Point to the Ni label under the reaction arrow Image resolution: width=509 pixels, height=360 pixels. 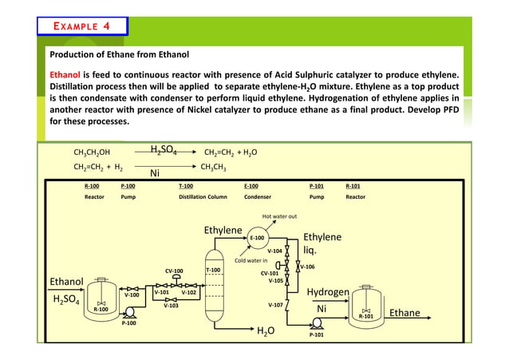pos(157,172)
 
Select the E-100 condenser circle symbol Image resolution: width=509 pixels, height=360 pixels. pos(258,238)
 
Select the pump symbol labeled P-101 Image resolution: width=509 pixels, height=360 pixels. pos(316,323)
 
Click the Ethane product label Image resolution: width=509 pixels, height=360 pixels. pos(404,313)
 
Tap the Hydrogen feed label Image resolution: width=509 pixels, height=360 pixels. pos(328,293)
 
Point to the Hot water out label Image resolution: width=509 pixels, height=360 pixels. pos(280,216)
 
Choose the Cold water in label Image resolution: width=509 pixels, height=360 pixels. pos(250,259)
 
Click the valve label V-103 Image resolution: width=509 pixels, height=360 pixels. pos(171,305)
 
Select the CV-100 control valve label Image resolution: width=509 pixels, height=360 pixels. pos(174,271)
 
